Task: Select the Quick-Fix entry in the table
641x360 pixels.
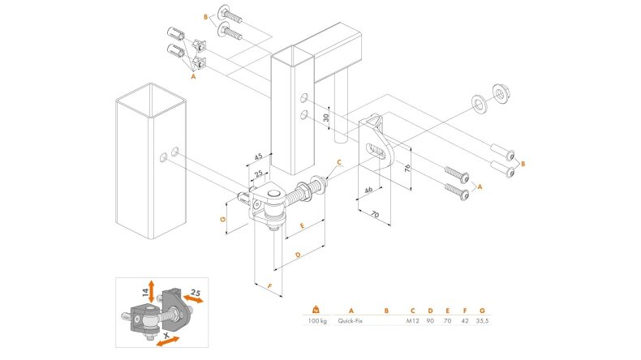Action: click(x=355, y=321)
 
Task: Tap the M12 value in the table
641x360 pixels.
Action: click(x=411, y=321)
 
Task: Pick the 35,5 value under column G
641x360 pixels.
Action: click(x=483, y=321)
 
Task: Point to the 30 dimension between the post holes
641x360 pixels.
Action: click(x=325, y=117)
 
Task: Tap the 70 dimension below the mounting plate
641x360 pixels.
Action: click(x=376, y=215)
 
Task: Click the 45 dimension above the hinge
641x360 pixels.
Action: click(x=257, y=156)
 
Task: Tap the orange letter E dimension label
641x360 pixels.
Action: click(x=301, y=225)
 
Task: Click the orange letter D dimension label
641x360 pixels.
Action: click(x=298, y=255)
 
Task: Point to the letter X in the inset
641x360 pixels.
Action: click(x=166, y=334)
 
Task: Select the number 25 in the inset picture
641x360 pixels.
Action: click(x=195, y=292)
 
